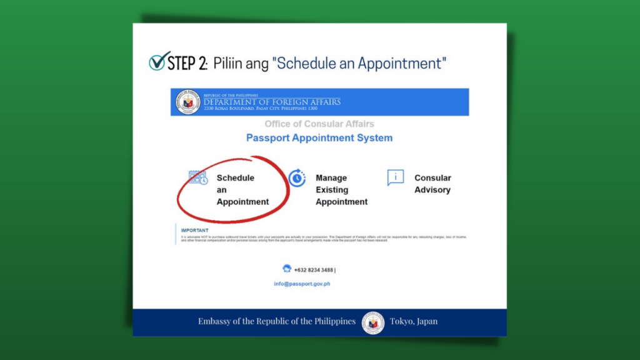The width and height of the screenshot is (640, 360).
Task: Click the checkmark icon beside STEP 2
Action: (x=159, y=61)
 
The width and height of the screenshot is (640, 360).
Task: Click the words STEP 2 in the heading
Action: (x=187, y=63)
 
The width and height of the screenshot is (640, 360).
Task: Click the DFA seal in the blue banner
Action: (x=188, y=102)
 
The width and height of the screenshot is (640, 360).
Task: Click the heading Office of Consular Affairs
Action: (x=319, y=124)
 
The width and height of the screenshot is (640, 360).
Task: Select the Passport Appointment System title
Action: (x=319, y=138)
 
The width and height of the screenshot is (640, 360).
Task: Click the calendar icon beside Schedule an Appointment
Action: (x=198, y=177)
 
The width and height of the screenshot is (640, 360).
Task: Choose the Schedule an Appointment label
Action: (x=242, y=190)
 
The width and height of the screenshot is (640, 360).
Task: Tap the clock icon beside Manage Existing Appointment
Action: (x=297, y=177)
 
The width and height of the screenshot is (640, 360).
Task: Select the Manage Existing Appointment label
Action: (x=341, y=190)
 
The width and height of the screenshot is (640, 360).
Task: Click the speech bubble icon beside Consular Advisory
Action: (x=395, y=177)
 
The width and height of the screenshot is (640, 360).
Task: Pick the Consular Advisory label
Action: (x=432, y=184)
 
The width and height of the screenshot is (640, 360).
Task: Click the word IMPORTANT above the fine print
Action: (x=194, y=231)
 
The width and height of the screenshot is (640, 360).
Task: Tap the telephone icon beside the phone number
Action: (x=287, y=268)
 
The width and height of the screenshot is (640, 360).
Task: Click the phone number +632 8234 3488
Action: (x=314, y=270)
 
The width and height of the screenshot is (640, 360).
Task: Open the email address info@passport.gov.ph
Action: (x=302, y=284)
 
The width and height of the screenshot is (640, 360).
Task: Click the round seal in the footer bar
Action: (x=373, y=322)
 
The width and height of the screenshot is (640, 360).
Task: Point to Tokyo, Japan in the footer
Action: (x=414, y=322)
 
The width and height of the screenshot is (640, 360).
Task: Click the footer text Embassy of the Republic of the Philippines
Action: (x=277, y=322)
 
